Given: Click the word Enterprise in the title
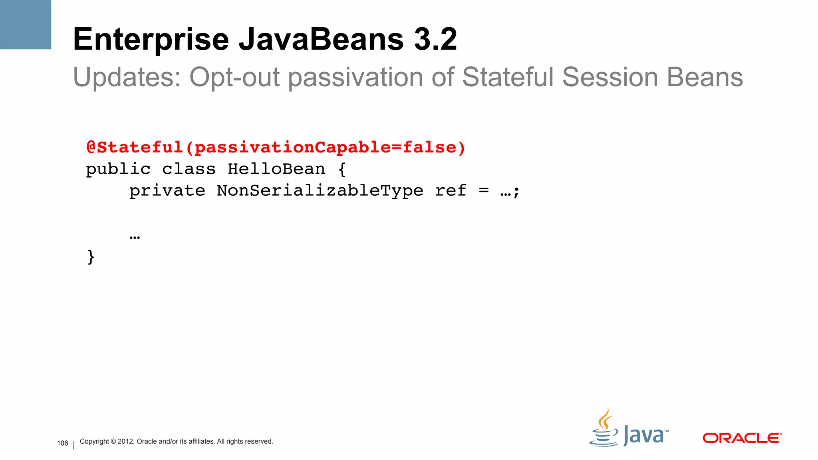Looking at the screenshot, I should click(x=151, y=40).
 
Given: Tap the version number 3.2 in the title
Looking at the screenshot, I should click(x=435, y=40).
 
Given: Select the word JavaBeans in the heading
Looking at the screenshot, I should click(x=322, y=40).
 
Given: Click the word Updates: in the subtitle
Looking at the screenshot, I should click(x=127, y=77).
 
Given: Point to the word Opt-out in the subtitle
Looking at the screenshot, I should click(x=234, y=77).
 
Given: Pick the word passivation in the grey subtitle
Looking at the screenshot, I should click(x=355, y=77).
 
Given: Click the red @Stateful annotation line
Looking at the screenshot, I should click(x=276, y=148).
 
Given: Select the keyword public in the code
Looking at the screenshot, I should click(x=118, y=170).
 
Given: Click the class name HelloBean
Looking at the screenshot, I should click(x=276, y=169).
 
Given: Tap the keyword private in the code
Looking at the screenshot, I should click(x=167, y=191).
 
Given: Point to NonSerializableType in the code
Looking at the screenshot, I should click(x=320, y=191).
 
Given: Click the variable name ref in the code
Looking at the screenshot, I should click(x=451, y=191).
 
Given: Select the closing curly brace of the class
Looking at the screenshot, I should click(x=91, y=257).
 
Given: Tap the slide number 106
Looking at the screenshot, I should click(x=63, y=443).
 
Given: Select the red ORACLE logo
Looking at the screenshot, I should click(x=742, y=438).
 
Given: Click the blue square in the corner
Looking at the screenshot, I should click(x=26, y=24).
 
